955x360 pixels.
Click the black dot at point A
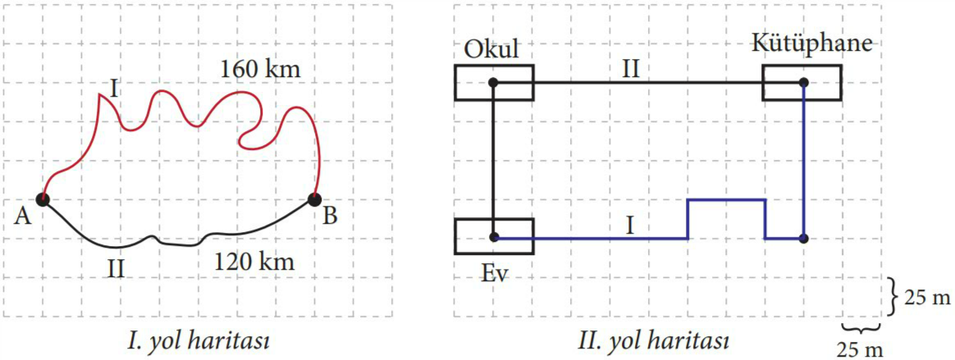click(x=43, y=198)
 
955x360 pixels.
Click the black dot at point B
click(x=315, y=198)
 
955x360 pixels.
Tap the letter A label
click(x=21, y=215)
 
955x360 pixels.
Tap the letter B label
click(x=330, y=215)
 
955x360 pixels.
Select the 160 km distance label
click(x=260, y=69)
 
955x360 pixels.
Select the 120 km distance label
click(x=254, y=262)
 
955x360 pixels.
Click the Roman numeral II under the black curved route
click(x=116, y=268)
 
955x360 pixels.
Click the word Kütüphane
click(x=812, y=43)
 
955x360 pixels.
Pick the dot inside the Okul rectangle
click(x=493, y=82)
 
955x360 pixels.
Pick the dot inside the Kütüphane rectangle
click(x=803, y=82)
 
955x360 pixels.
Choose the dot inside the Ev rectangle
click(x=493, y=237)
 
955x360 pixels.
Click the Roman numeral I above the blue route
click(x=630, y=226)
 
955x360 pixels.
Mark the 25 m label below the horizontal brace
click(x=860, y=349)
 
